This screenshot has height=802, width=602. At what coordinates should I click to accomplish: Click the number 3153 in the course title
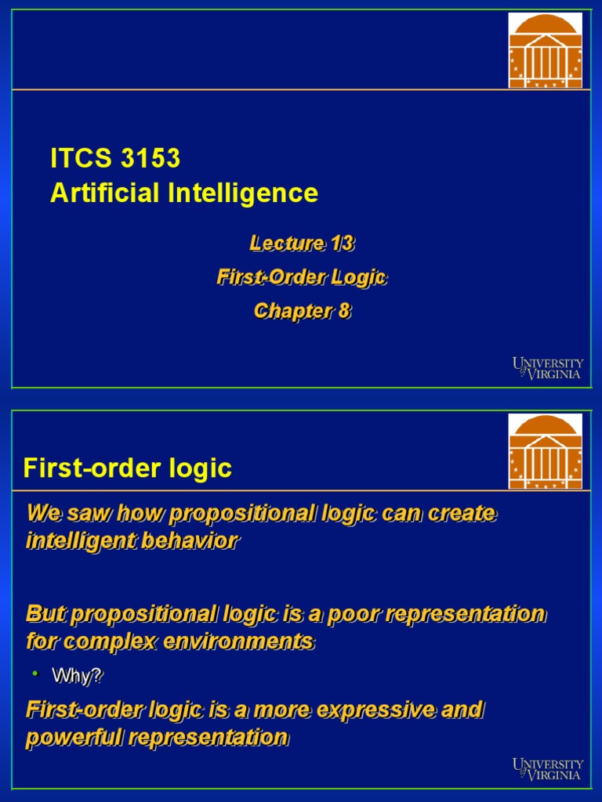click(150, 158)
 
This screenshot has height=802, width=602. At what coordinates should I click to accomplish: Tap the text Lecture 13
click(302, 244)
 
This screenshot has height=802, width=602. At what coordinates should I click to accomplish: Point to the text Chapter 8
click(302, 311)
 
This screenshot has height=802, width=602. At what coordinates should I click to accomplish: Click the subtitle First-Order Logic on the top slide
click(302, 277)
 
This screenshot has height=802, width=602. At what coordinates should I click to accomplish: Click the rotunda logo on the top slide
click(546, 50)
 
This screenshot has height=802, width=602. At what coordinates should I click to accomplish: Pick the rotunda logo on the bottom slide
click(546, 451)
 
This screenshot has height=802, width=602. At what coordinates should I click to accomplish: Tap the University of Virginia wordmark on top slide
click(548, 368)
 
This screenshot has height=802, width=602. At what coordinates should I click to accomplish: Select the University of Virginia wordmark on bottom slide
click(548, 769)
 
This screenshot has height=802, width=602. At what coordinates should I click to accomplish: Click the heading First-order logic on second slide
click(128, 468)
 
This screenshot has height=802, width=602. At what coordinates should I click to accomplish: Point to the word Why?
click(77, 675)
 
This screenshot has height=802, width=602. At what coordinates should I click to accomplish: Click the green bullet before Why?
click(34, 674)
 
